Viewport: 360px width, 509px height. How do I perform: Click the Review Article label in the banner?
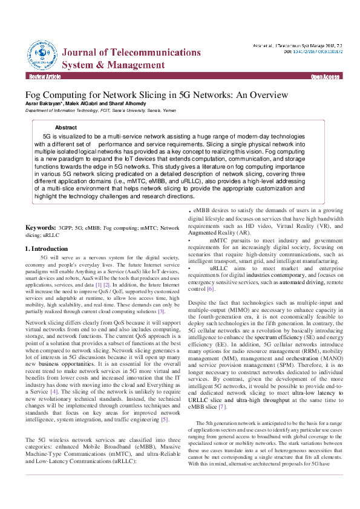point(45,77)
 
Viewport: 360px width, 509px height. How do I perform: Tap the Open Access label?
point(325,77)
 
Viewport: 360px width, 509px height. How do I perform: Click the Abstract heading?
point(66,128)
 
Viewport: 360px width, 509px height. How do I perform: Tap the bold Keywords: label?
point(41,229)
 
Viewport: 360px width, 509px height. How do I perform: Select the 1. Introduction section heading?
point(46,248)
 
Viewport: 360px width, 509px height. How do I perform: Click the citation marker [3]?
point(161,311)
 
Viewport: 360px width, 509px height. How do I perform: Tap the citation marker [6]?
point(211,289)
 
